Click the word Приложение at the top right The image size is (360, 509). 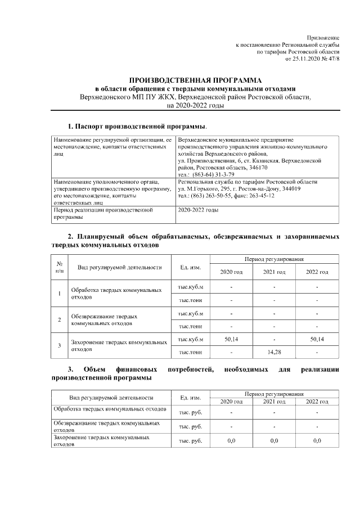[323, 37]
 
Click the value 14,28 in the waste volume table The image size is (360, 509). [274, 352]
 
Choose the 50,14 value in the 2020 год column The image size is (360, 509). [231, 340]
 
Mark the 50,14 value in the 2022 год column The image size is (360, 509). [317, 340]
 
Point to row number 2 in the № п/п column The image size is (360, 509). [60, 319]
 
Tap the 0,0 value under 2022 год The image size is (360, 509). [317, 440]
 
